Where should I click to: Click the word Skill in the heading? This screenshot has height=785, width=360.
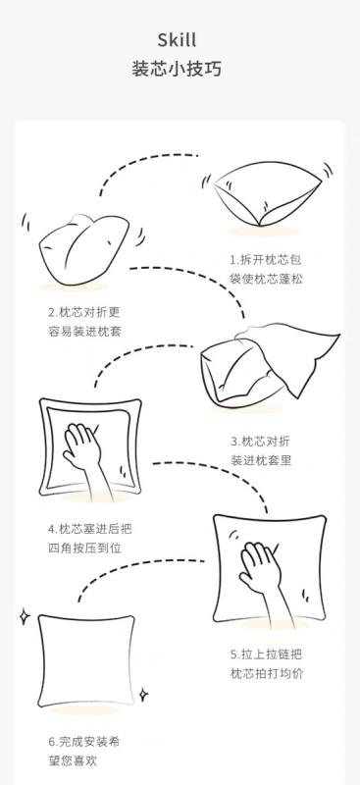[x=177, y=40]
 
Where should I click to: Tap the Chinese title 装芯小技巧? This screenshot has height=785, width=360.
[x=177, y=69]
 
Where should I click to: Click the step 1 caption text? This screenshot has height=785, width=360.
[x=267, y=269]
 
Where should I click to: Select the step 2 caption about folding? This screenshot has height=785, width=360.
[x=85, y=322]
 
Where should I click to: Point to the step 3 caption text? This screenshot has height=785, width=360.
[x=260, y=450]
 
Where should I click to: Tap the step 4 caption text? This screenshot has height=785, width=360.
[x=90, y=538]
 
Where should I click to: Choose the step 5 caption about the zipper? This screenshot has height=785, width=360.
[x=267, y=664]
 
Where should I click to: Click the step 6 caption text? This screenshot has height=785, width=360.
[x=84, y=751]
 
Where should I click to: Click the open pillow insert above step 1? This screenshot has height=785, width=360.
[x=267, y=192]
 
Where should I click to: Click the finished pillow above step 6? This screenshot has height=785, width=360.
[x=86, y=659]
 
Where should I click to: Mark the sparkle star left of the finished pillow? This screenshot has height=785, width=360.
[x=25, y=617]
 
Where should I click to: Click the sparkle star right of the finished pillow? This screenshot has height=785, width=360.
[x=143, y=695]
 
